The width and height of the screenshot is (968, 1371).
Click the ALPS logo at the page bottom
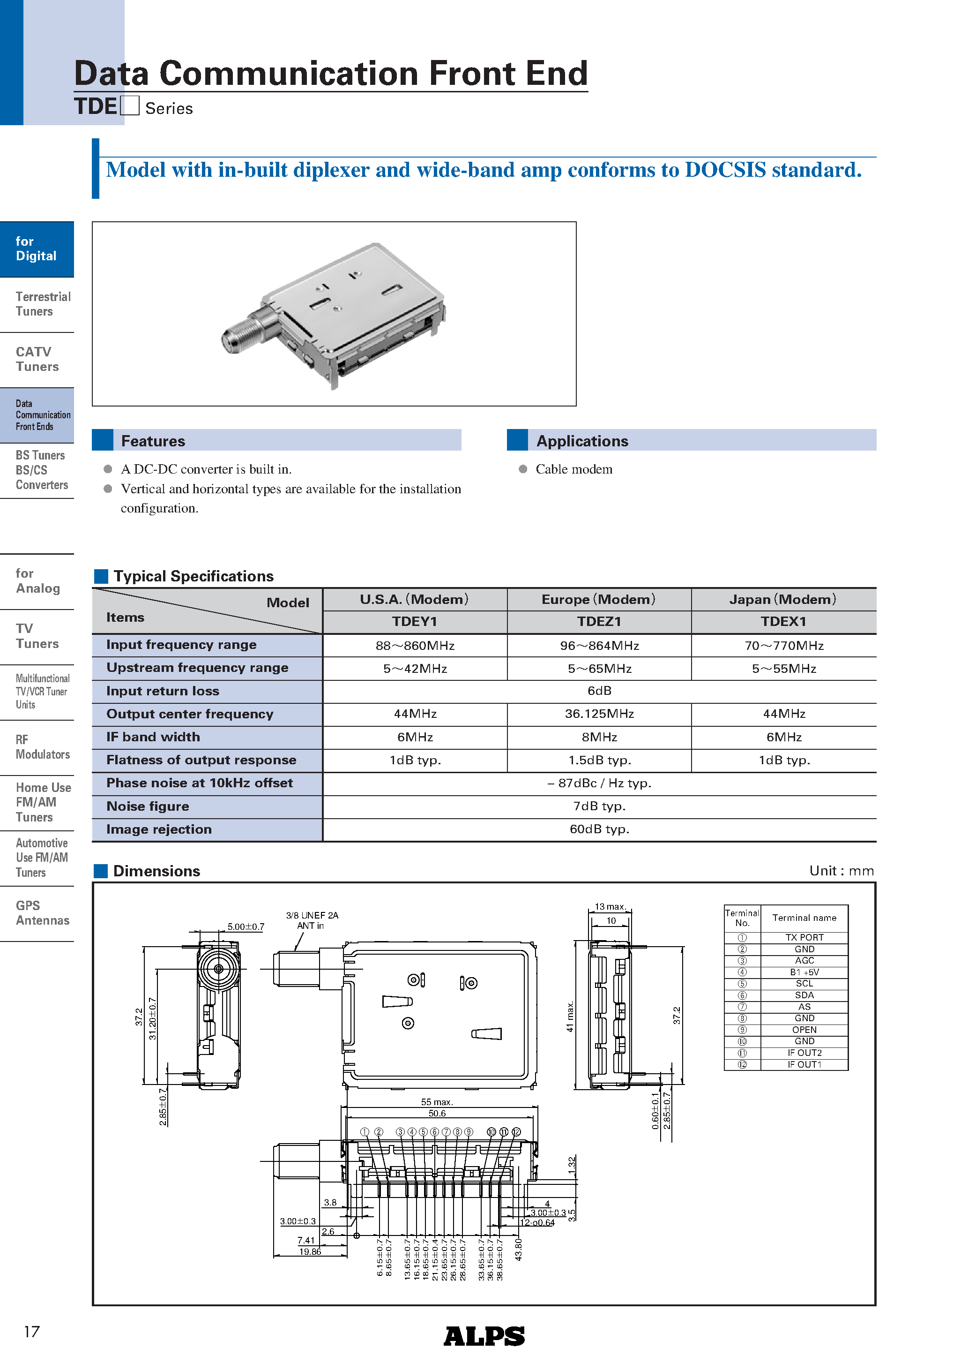click(484, 1336)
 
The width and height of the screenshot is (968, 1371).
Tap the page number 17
click(32, 1332)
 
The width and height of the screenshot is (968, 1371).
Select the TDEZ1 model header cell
click(599, 622)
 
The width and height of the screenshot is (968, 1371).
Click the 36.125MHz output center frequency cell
click(599, 714)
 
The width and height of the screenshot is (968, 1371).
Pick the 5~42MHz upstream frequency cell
click(415, 668)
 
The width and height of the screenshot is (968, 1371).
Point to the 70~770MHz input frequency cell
click(783, 646)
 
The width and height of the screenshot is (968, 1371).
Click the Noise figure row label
click(148, 806)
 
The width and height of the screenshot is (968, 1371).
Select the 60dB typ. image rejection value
click(599, 829)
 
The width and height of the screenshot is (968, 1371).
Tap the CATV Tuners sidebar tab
click(37, 359)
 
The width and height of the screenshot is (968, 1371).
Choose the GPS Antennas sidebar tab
click(42, 913)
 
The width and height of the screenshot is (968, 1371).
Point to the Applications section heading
click(582, 441)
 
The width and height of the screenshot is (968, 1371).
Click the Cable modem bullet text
click(573, 469)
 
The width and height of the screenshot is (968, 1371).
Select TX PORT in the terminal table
click(804, 937)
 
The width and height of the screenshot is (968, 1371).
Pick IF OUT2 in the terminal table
click(804, 1053)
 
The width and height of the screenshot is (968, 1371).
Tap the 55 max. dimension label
click(437, 1102)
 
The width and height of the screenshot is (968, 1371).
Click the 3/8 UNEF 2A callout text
click(312, 915)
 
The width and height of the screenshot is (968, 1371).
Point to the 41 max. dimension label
click(569, 1017)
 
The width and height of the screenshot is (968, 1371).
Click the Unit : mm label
click(841, 871)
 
